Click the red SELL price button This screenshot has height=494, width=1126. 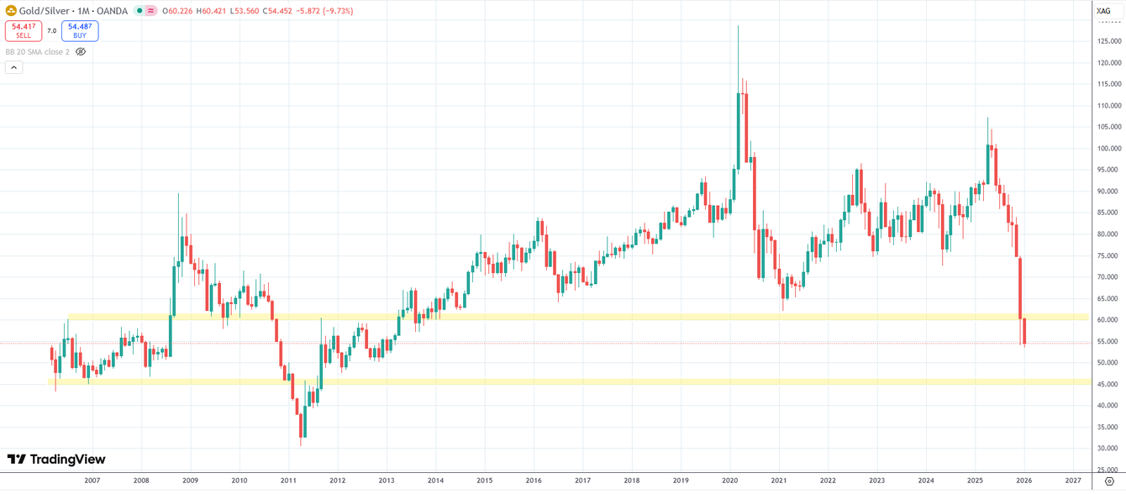(x=24, y=31)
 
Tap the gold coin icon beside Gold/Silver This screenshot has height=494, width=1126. (x=11, y=11)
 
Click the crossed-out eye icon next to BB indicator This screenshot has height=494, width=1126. (x=81, y=52)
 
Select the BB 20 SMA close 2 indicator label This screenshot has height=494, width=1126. (x=37, y=52)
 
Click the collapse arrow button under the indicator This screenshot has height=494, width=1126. (x=13, y=67)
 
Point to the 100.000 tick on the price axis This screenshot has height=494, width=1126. (x=1109, y=149)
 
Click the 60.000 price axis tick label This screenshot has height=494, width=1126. (x=1109, y=320)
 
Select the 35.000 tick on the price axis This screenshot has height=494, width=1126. (x=1109, y=427)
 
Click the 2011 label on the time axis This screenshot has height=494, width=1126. (x=288, y=481)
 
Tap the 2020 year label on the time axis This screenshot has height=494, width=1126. (x=729, y=481)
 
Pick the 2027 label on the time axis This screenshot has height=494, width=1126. (x=1073, y=481)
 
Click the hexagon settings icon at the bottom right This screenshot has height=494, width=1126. (x=1109, y=481)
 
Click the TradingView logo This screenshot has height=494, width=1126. (x=56, y=460)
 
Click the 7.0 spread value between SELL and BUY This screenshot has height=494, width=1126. (x=52, y=31)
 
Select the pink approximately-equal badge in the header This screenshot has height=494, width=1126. (x=150, y=11)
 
